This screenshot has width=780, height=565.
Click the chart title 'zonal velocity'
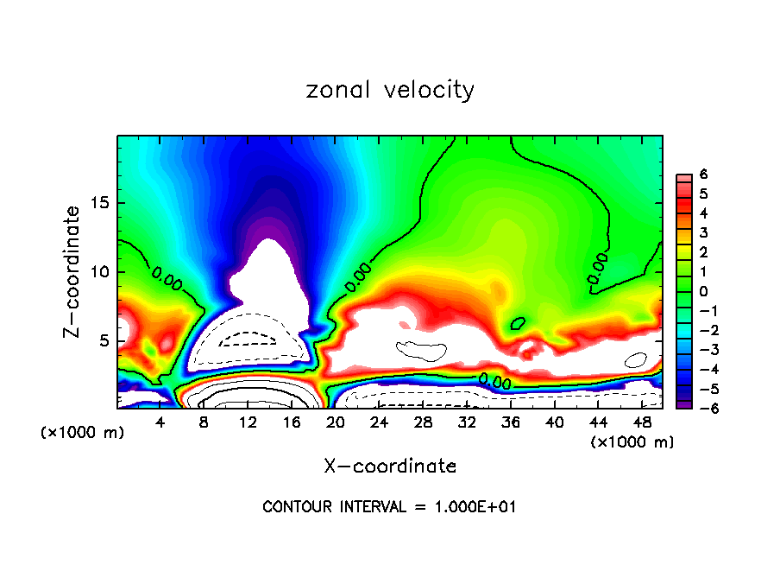coord(390,90)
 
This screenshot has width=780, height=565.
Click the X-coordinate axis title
coord(390,467)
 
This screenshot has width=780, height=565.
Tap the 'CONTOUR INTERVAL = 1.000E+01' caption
coord(390,507)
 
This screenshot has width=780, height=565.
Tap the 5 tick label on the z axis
coord(100,340)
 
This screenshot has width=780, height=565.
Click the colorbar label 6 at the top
coord(703,174)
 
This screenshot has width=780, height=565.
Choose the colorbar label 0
coord(703,291)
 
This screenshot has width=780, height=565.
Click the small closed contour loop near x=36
coord(518,324)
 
